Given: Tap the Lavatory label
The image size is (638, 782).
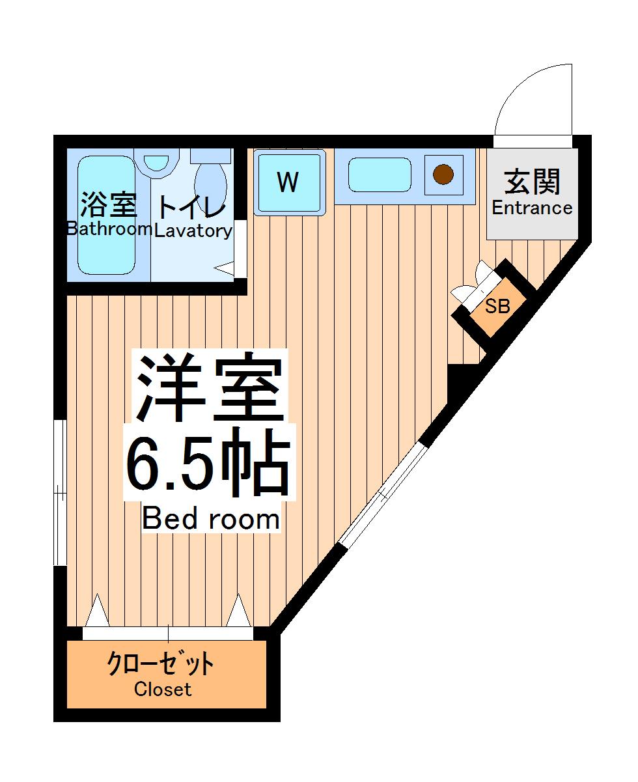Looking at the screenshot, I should coord(193,230).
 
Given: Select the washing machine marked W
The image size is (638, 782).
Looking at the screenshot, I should coord(288,182).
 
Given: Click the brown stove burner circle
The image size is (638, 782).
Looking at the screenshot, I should coord(443,175).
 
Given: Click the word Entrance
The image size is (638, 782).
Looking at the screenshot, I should coord(532,208).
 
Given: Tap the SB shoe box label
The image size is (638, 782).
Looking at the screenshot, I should coord(497,306).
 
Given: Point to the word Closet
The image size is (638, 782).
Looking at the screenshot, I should coord(163,689).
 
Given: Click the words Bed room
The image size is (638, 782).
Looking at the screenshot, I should coord(210,518).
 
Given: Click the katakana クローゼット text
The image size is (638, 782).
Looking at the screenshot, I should coord(160,665).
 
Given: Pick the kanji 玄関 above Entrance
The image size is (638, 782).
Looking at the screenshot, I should coord(533,182).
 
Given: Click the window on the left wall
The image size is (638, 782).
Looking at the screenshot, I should coord(60,493).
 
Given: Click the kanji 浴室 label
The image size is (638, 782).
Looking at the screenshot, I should coord(108,205).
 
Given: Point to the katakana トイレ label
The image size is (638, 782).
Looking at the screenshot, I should coord(191,206).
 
